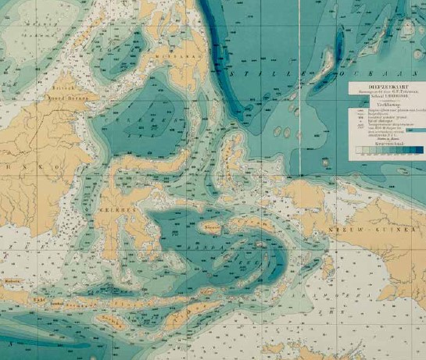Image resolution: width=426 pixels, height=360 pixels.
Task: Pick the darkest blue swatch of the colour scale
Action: click(x=418, y=149)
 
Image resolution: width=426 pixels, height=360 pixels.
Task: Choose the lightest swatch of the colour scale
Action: click(x=359, y=149)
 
